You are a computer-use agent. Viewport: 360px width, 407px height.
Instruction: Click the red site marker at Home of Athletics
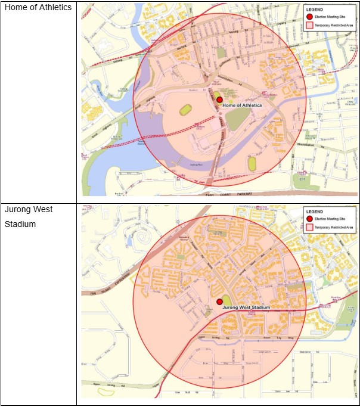[x=219, y=100]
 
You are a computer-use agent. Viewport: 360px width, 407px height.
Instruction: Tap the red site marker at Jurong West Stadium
[x=219, y=302]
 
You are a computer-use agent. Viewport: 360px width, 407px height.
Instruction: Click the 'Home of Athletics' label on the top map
[x=243, y=105]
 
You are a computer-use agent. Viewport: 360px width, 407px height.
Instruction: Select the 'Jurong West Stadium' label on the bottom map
[x=246, y=307]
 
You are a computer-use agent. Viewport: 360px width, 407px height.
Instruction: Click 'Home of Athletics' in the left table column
[x=38, y=7]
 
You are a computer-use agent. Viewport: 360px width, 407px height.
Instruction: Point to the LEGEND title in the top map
[x=315, y=10]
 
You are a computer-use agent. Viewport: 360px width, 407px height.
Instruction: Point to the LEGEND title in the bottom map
[x=314, y=212]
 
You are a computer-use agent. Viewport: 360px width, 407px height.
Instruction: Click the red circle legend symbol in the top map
[x=309, y=17]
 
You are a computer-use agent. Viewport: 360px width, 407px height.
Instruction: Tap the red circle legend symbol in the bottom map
[x=309, y=219]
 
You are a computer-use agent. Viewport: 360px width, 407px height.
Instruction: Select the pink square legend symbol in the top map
[x=309, y=26]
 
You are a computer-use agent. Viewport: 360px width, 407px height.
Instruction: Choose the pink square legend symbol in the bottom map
[x=309, y=227]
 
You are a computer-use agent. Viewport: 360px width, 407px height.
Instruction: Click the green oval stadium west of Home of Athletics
[x=185, y=110]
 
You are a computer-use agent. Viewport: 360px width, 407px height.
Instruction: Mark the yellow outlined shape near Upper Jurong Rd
[x=106, y=392]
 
